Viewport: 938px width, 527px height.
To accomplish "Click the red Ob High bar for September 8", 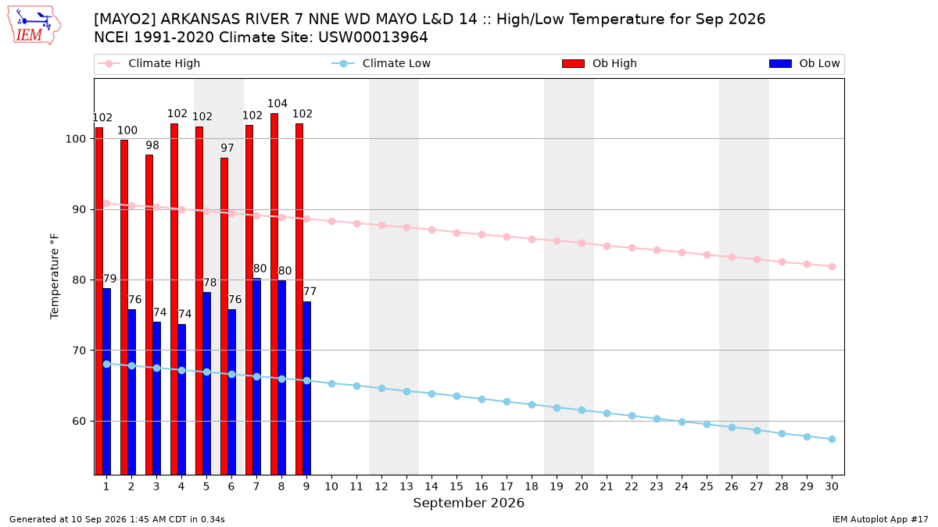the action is pyautogui.click(x=274, y=294).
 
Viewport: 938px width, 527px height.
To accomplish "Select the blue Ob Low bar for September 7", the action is pyautogui.click(x=256, y=376).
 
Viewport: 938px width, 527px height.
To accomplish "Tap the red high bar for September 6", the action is pyautogui.click(x=224, y=316).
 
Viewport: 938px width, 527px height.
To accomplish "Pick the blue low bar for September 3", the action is pyautogui.click(x=156, y=398).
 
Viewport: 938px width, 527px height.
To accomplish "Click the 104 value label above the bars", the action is pyautogui.click(x=277, y=103).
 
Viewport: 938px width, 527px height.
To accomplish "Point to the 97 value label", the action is pyautogui.click(x=227, y=148).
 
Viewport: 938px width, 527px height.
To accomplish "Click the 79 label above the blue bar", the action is pyautogui.click(x=109, y=279).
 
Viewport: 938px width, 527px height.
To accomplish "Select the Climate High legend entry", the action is pyautogui.click(x=149, y=63).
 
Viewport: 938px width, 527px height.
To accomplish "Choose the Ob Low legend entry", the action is pyautogui.click(x=804, y=63).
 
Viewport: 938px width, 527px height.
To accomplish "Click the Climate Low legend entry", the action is pyautogui.click(x=381, y=63).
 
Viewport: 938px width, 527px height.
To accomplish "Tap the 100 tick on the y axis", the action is pyautogui.click(x=76, y=139).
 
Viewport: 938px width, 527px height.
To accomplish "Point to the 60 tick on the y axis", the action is pyautogui.click(x=80, y=421).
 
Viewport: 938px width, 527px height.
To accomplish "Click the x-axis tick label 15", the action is pyautogui.click(x=456, y=486).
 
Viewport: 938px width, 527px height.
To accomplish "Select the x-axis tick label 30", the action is pyautogui.click(x=832, y=486).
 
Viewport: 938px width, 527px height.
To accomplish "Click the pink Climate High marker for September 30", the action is pyautogui.click(x=832, y=266).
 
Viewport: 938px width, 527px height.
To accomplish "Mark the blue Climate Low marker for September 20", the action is pyautogui.click(x=582, y=411).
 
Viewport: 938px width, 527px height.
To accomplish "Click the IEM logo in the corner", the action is pyautogui.click(x=34, y=26).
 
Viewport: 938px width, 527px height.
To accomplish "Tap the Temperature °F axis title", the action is pyautogui.click(x=55, y=276).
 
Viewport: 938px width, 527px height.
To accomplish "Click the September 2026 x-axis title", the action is pyautogui.click(x=468, y=503).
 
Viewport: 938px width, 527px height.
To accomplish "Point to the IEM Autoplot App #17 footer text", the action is pyautogui.click(x=880, y=519).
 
